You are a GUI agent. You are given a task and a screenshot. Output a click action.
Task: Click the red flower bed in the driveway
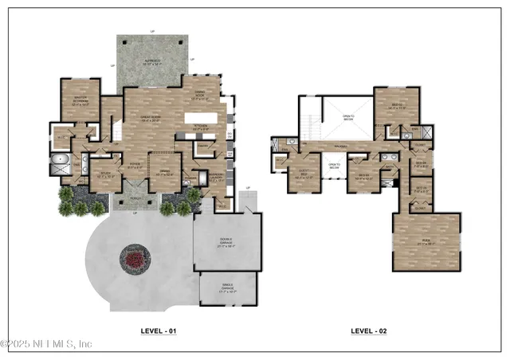134,257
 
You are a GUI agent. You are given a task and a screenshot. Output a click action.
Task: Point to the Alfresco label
151,61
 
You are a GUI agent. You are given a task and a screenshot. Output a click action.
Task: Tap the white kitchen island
206,119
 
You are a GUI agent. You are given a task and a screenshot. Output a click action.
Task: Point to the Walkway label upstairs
344,147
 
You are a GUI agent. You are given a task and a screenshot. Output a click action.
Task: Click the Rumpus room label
426,244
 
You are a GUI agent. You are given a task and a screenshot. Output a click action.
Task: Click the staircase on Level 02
312,124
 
